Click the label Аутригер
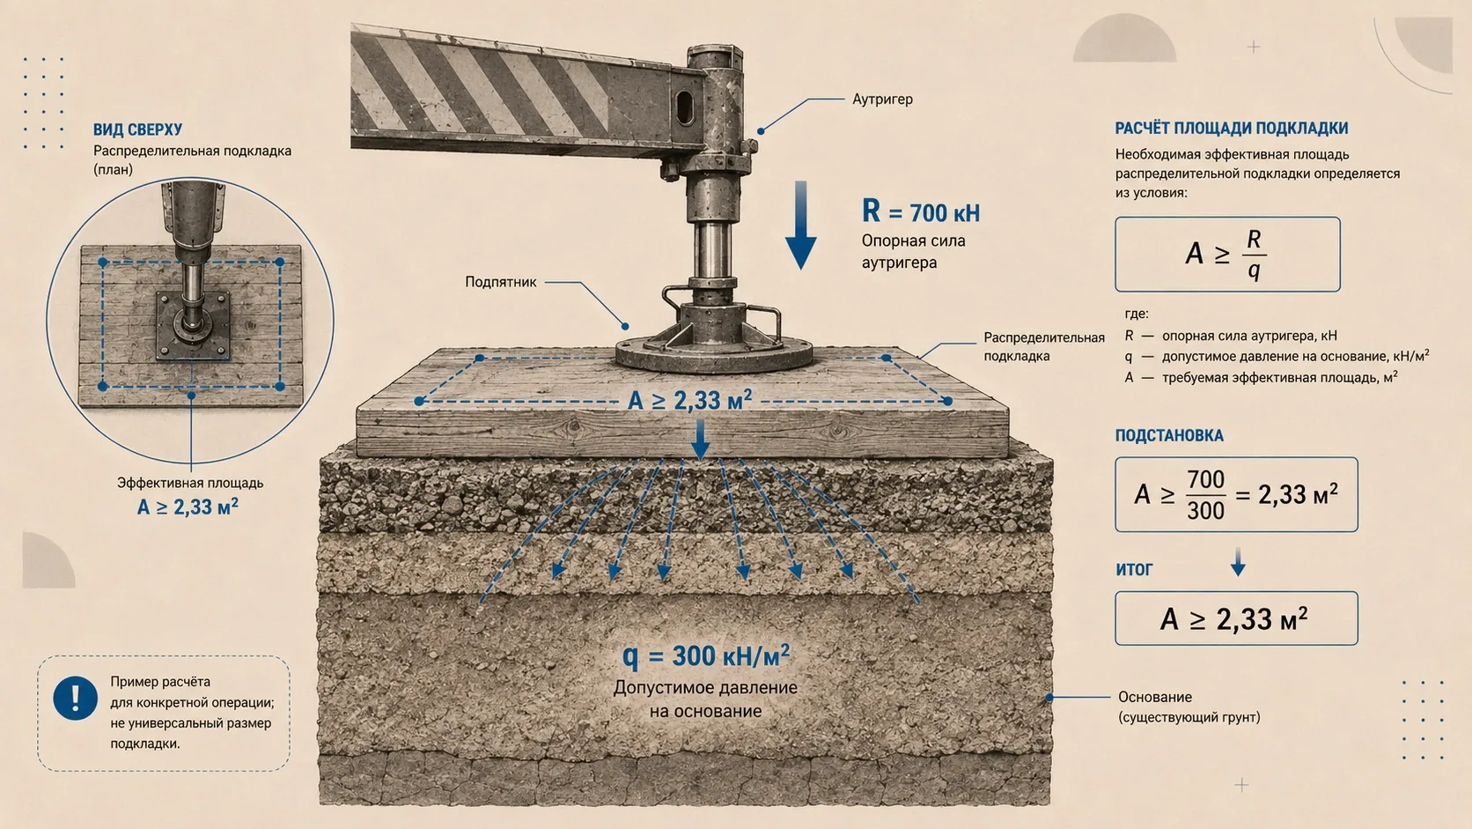[x=882, y=100]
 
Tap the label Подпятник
[x=501, y=282]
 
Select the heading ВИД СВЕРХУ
[x=137, y=130]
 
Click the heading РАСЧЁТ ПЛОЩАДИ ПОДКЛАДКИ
[x=1232, y=129]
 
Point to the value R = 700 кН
[x=921, y=211]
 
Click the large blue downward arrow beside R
[x=800, y=225]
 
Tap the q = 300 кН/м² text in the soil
[x=706, y=655]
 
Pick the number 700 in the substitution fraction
[x=1206, y=479]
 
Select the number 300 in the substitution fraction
[x=1206, y=510]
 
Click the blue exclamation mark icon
[x=75, y=698]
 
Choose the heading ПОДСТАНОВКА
[x=1169, y=435]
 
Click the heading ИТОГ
[x=1134, y=569]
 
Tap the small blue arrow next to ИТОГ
[x=1238, y=562]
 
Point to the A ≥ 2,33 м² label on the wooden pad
[x=690, y=400]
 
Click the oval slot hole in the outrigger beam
[x=684, y=107]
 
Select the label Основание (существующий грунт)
[x=1189, y=707]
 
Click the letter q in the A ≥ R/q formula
[x=1254, y=270]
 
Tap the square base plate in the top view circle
[x=193, y=326]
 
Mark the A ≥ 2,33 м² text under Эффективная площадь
[x=188, y=507]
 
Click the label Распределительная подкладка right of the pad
[x=1043, y=346]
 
